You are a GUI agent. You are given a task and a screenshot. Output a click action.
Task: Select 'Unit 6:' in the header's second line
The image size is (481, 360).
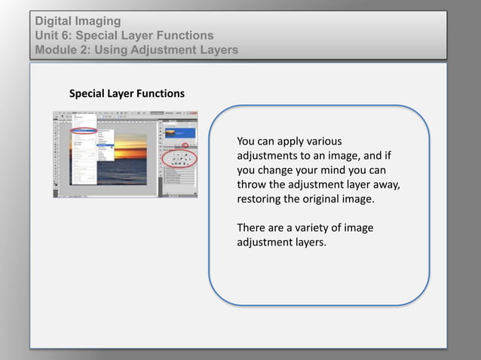click(54, 35)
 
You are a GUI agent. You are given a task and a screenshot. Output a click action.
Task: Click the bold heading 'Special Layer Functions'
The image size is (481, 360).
click(127, 94)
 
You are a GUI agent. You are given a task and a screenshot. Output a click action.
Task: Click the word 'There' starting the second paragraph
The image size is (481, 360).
click(251, 228)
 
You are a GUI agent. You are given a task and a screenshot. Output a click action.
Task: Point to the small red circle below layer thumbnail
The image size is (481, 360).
click(186, 144)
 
